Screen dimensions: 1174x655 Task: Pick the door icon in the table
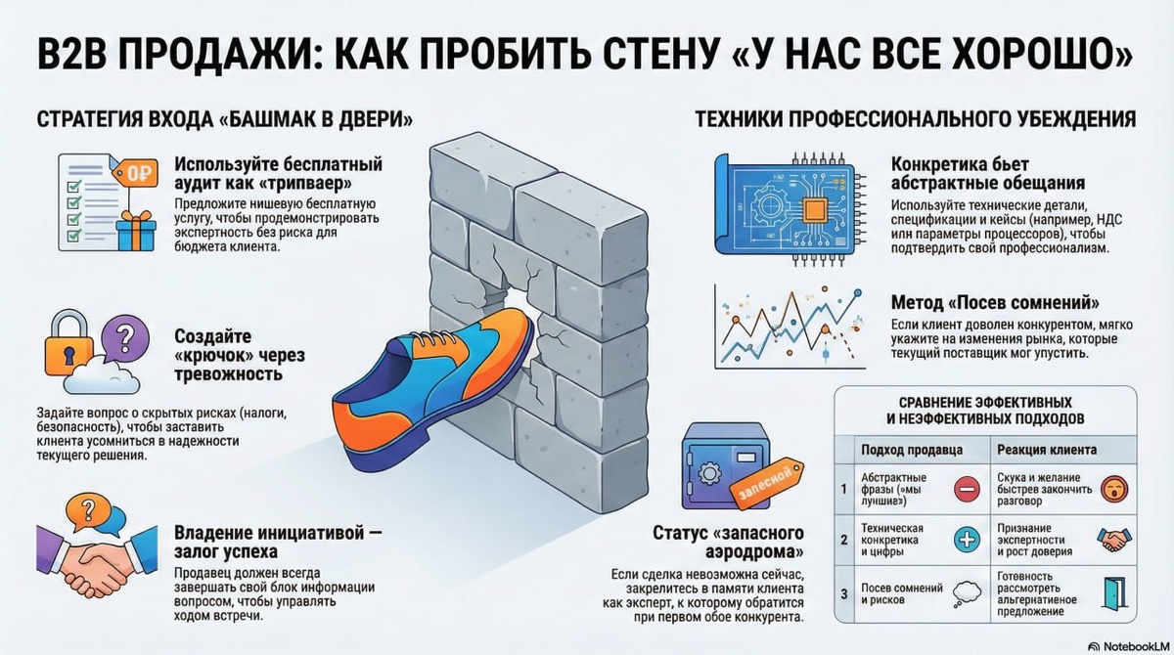click(x=1111, y=592)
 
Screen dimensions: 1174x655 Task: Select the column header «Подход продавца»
click(x=911, y=450)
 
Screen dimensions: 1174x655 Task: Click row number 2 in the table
click(x=843, y=539)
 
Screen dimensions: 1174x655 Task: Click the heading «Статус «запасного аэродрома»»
click(x=728, y=543)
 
